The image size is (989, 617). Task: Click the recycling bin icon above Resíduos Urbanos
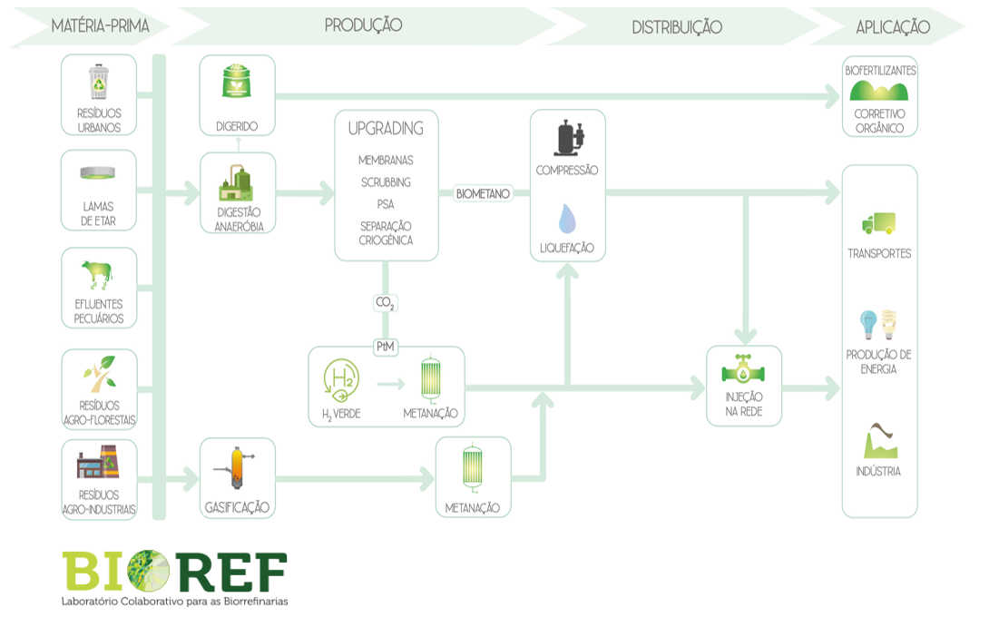(x=99, y=82)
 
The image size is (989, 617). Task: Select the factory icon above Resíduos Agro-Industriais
(x=98, y=465)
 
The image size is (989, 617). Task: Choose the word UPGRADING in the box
(x=386, y=129)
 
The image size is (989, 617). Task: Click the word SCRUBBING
(x=386, y=182)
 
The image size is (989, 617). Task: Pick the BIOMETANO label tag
(x=484, y=193)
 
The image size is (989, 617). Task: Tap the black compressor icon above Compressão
(x=568, y=139)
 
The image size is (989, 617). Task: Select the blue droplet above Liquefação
(x=567, y=219)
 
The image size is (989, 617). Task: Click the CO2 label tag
(x=386, y=302)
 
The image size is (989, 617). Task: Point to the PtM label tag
(x=386, y=346)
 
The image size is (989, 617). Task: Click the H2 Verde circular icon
(x=341, y=382)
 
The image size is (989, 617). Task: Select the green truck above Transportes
(x=878, y=223)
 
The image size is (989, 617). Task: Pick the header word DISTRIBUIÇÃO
(x=677, y=27)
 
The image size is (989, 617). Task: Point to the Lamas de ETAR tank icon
(x=99, y=173)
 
